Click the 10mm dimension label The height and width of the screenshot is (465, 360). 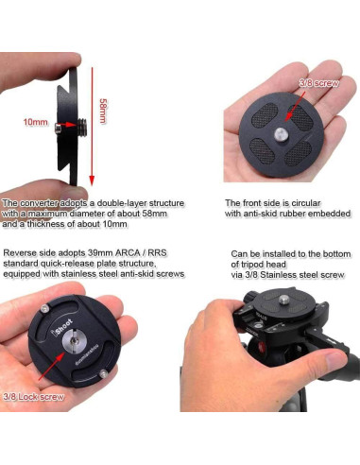click(36, 122)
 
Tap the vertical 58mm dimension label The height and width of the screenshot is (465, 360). click(103, 112)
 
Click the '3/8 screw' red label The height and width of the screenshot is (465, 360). click(318, 83)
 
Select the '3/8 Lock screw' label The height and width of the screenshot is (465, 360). click(34, 397)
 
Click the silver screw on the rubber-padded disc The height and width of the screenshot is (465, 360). click(282, 134)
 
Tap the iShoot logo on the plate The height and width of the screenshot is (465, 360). click(62, 328)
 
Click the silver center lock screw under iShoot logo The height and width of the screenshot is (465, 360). click(75, 340)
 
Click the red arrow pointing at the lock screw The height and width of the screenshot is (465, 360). click(51, 366)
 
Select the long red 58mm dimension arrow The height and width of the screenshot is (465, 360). click(92, 126)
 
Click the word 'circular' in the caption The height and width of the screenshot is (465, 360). click(305, 203)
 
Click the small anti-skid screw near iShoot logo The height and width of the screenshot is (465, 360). click(45, 308)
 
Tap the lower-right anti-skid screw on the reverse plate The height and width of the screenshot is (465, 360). click(103, 373)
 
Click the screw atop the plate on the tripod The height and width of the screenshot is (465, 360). click(284, 298)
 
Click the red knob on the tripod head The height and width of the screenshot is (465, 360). click(262, 348)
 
